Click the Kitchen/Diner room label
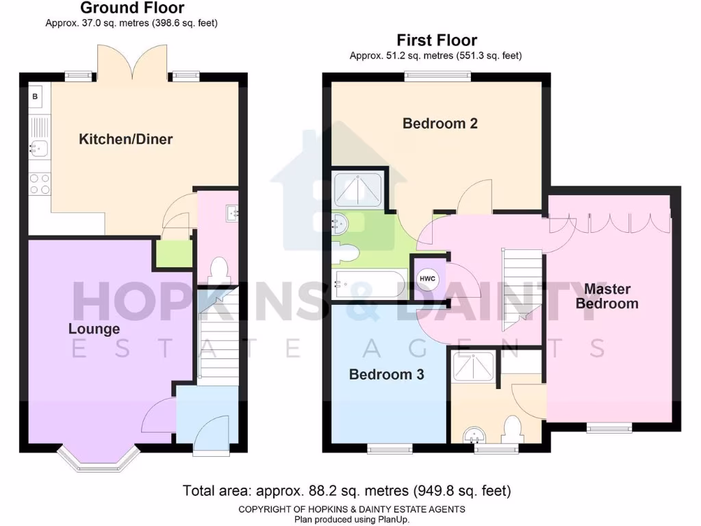[x=126, y=140]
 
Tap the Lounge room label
[x=94, y=329]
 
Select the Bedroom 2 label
[x=439, y=124]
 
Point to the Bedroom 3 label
[x=386, y=375]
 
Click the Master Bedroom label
[x=607, y=296]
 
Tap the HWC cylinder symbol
[x=427, y=278]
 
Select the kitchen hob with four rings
[x=40, y=184]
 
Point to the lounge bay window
[x=96, y=461]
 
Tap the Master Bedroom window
[x=609, y=429]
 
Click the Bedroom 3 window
[x=386, y=449]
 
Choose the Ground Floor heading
[x=132, y=9]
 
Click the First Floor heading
[x=437, y=40]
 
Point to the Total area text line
[x=346, y=490]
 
